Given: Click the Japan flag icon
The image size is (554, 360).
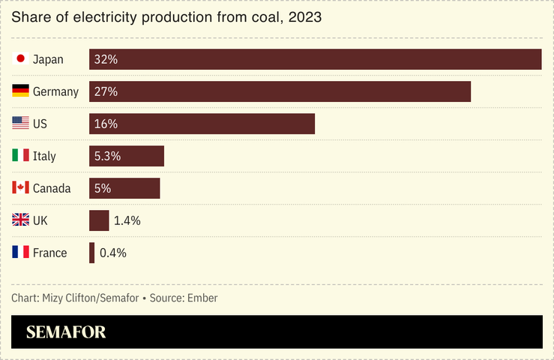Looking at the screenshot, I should pos(21,59).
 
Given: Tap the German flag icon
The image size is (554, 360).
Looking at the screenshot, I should pos(21,91).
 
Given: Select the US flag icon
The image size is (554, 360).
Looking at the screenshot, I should pos(21,124).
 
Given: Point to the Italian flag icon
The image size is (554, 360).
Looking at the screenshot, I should pos(21,156).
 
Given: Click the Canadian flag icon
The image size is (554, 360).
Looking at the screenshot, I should pos(21,188).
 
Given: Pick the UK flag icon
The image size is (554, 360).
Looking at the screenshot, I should pos(21,220).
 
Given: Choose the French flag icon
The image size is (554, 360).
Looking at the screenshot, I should pos(21,253).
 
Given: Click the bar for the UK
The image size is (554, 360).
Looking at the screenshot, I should pos(99,220).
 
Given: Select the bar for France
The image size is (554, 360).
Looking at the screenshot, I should pos(91,253).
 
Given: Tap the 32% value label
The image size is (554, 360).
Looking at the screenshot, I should pos(106,59).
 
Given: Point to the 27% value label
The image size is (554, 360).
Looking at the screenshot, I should pos(106,91).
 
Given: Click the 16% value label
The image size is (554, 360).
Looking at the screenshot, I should pos(106,124).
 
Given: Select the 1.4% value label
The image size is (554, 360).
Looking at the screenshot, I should pos(127,220).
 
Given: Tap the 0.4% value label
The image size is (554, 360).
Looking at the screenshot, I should pos(113,253).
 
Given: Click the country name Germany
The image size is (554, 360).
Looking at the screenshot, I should pos(55,91).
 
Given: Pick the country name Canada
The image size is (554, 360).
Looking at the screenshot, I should pos(52,188).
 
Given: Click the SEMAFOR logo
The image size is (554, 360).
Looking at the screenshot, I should pos(66,332).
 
